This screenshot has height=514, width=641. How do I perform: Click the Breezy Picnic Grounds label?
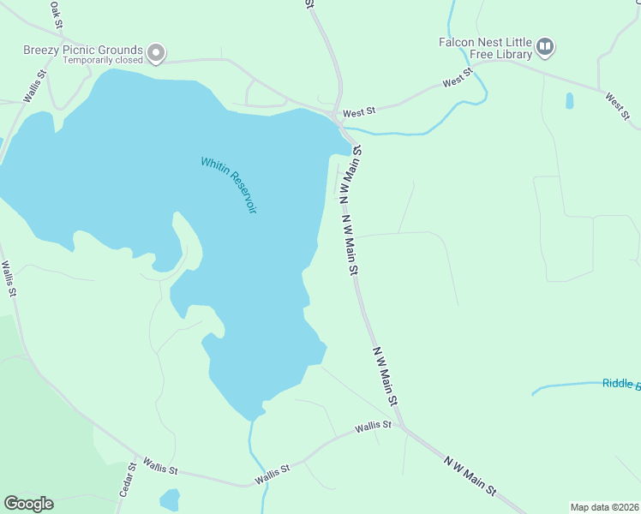(82, 50)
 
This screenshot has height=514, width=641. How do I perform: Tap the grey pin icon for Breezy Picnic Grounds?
(155, 54)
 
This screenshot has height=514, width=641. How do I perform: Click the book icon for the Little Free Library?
(545, 45)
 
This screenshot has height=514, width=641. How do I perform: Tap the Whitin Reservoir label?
(229, 185)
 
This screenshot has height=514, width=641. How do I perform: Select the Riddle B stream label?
(620, 384)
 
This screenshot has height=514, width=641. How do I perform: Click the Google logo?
(28, 504)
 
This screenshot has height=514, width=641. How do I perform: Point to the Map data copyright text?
(605, 507)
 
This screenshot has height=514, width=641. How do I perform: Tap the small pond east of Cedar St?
(170, 499)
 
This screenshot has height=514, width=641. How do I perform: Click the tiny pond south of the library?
(570, 100)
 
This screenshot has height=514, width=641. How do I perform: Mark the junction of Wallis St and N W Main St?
(403, 426)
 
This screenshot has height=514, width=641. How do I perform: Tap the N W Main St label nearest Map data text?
(470, 475)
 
